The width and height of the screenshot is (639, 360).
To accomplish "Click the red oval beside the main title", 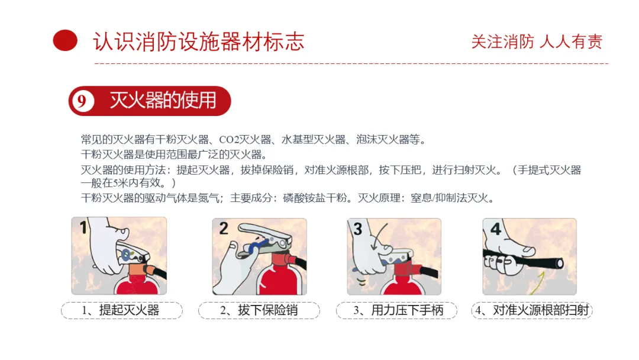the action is coord(65,40).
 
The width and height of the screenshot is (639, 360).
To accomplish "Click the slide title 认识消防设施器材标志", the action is coord(199,41).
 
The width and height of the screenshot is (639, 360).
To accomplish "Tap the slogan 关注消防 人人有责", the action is coord(537,41).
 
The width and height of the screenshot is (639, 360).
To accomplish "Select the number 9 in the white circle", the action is coord(82,101).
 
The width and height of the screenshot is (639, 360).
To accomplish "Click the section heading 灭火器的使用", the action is coord(163,100).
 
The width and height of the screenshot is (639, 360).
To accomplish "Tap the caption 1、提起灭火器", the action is coord(121,310).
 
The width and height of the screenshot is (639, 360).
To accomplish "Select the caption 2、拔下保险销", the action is coord(259,310).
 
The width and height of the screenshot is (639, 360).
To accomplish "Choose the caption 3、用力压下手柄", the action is coord(398,310).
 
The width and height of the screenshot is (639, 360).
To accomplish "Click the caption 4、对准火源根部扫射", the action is coord(532,310).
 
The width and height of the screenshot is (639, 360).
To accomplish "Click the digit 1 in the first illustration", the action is coord(83,227).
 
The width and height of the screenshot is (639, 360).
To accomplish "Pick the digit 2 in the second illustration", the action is coord(224,229).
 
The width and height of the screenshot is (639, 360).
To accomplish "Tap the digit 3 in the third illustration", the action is coord(358,229).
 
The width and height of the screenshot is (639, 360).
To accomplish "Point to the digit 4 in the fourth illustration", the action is coord(496,229).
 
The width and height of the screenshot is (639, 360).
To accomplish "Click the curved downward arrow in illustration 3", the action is coord(376,237).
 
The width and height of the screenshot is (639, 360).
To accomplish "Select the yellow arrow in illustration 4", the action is coord(538,284).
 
